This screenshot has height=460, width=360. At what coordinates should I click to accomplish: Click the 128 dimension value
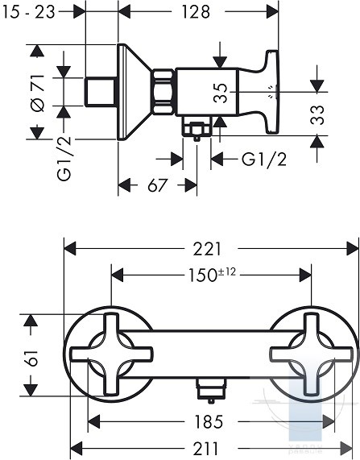tap(196, 12)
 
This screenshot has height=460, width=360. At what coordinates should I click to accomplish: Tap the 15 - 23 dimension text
tap(28, 12)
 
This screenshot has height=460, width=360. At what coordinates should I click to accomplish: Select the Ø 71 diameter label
tap(38, 93)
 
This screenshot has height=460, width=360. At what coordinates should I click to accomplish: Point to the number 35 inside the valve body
tap(221, 93)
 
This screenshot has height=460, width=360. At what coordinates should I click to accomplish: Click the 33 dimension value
tap(317, 114)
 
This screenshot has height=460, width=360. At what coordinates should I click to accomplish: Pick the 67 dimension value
tap(157, 185)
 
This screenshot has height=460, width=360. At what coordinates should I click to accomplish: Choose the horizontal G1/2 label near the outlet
tap(264, 160)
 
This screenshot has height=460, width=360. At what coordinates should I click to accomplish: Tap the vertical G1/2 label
tap(64, 158)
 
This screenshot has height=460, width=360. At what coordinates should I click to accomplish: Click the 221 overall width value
tap(207, 249)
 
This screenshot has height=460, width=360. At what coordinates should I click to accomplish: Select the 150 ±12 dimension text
tap(212, 275)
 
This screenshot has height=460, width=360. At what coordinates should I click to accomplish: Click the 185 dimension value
tap(209, 422)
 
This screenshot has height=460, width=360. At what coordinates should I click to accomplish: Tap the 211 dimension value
tap(205, 449)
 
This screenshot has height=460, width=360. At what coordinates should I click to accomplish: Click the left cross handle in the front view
tap(111, 354)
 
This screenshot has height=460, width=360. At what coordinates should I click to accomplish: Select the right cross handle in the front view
tap(311, 354)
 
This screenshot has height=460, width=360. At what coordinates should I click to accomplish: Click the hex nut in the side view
tap(163, 92)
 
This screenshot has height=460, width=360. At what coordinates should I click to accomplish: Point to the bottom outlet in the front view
tap(211, 389)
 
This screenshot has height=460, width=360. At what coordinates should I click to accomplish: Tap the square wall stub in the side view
tap(101, 92)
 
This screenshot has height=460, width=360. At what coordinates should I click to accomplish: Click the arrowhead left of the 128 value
tap(124, 12)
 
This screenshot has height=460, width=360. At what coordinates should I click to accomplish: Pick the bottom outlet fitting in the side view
tap(197, 127)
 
